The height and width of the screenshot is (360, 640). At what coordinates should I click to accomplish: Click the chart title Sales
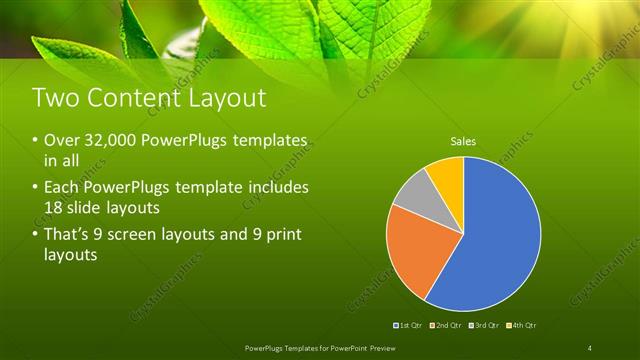[x=462, y=141]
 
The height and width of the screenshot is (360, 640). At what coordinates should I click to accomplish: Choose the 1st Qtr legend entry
[x=411, y=325]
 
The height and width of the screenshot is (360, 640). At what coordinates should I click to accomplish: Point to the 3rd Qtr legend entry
[x=485, y=325]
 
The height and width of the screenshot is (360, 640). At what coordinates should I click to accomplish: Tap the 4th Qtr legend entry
[x=522, y=325]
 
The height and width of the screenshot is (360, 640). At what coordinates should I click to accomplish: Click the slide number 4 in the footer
[x=590, y=347]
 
